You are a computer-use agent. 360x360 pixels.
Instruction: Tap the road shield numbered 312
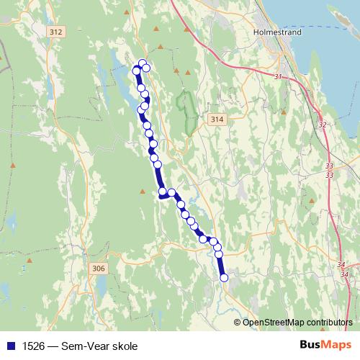(x=58, y=32)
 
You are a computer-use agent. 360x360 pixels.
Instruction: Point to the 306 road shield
(x=99, y=268)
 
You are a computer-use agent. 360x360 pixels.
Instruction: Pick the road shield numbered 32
(x=322, y=125)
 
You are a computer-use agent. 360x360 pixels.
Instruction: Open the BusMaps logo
(x=325, y=345)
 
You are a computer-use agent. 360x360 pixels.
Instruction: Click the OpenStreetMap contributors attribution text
(x=297, y=322)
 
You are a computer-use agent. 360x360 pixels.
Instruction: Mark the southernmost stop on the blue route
(x=223, y=277)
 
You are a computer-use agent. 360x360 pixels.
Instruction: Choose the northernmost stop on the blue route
(x=143, y=63)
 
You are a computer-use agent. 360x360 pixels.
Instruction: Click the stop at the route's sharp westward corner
(x=163, y=192)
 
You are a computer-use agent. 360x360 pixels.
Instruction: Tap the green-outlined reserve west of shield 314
(x=189, y=112)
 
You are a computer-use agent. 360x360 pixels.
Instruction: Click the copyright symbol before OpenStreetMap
(x=238, y=322)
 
